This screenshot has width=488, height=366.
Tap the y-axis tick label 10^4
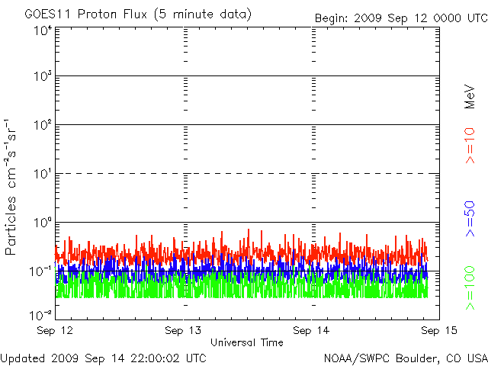[41, 31]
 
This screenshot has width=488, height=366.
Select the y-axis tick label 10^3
[41, 78]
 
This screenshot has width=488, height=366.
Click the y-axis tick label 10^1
[41, 175]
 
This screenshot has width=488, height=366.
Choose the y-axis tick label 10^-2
[41, 314]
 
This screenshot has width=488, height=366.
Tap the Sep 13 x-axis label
[184, 331]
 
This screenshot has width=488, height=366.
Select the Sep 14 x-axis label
[311, 331]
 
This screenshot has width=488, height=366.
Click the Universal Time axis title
[246, 342]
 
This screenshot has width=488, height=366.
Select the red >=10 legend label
[470, 145]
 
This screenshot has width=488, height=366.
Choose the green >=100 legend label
[470, 287]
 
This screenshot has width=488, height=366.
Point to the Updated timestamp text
[103, 357]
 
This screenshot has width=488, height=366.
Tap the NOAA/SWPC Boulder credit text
[405, 357]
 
